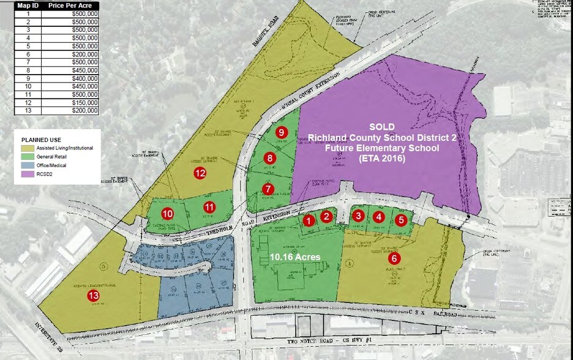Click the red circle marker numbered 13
[x=93, y=296]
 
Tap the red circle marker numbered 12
[x=199, y=173]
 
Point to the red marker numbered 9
[x=282, y=132]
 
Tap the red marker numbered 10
[x=168, y=214]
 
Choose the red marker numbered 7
[x=268, y=189]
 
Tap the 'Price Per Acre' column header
[x=69, y=5]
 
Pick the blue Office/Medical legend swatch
[x=27, y=165]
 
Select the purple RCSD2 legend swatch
[x=27, y=174]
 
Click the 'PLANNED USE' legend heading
[x=42, y=139]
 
